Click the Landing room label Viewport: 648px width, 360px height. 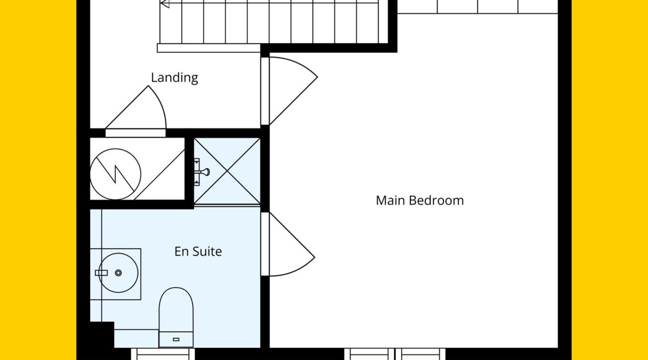pyautogui.click(x=174, y=78)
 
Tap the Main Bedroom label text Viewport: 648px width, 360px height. pyautogui.click(x=419, y=200)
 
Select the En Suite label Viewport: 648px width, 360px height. pyautogui.click(x=198, y=251)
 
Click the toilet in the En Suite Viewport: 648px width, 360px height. pyautogui.click(x=176, y=317)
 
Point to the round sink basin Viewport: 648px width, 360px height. pyautogui.click(x=118, y=273)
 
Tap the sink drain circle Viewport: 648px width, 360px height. pyautogui.click(x=118, y=273)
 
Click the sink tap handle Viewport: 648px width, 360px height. pyautogui.click(x=101, y=273)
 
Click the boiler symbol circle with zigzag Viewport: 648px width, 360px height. pyautogui.click(x=115, y=174)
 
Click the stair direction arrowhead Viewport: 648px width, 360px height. pyautogui.click(x=164, y=3)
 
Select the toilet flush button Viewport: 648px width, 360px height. pyautogui.click(x=176, y=340)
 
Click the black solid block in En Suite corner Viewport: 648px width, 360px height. pyautogui.click(x=102, y=335)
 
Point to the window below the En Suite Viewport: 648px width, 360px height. pyautogui.click(x=163, y=354)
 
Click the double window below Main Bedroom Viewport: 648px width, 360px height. pyautogui.click(x=395, y=354)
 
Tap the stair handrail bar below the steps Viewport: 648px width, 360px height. pyautogui.click(x=209, y=48)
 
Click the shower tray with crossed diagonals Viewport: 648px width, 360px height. pyautogui.click(x=227, y=171)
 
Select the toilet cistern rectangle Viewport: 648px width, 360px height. pyautogui.click(x=176, y=340)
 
